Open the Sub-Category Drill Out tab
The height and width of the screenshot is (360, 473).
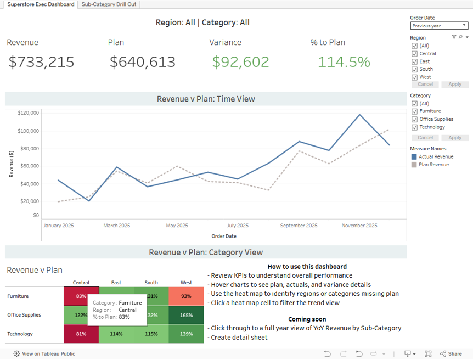pos(109,4)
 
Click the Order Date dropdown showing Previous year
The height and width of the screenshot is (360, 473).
pos(438,26)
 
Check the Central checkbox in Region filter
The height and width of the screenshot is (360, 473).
pos(414,54)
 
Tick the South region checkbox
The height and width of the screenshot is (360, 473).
pos(414,69)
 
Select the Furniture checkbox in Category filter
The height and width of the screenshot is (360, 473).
pos(414,111)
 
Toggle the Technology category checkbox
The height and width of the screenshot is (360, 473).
pos(414,127)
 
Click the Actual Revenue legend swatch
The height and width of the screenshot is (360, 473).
pos(414,157)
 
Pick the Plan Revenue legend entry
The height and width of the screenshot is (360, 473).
pos(433,165)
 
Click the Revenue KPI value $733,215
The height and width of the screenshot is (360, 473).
pos(41,62)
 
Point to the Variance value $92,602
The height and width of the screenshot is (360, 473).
pos(240,62)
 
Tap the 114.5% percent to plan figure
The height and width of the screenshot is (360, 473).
pos(344,62)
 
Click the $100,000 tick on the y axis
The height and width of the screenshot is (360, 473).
pos(28,131)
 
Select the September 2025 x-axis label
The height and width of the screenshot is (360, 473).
pos(299,226)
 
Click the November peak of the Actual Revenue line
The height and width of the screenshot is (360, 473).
pos(359,115)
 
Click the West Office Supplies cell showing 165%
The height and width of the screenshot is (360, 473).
pos(186,315)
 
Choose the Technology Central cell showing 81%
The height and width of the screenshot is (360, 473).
pos(81,334)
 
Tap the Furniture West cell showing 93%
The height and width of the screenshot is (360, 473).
pos(186,296)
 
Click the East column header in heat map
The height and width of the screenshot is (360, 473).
pos(116,283)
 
